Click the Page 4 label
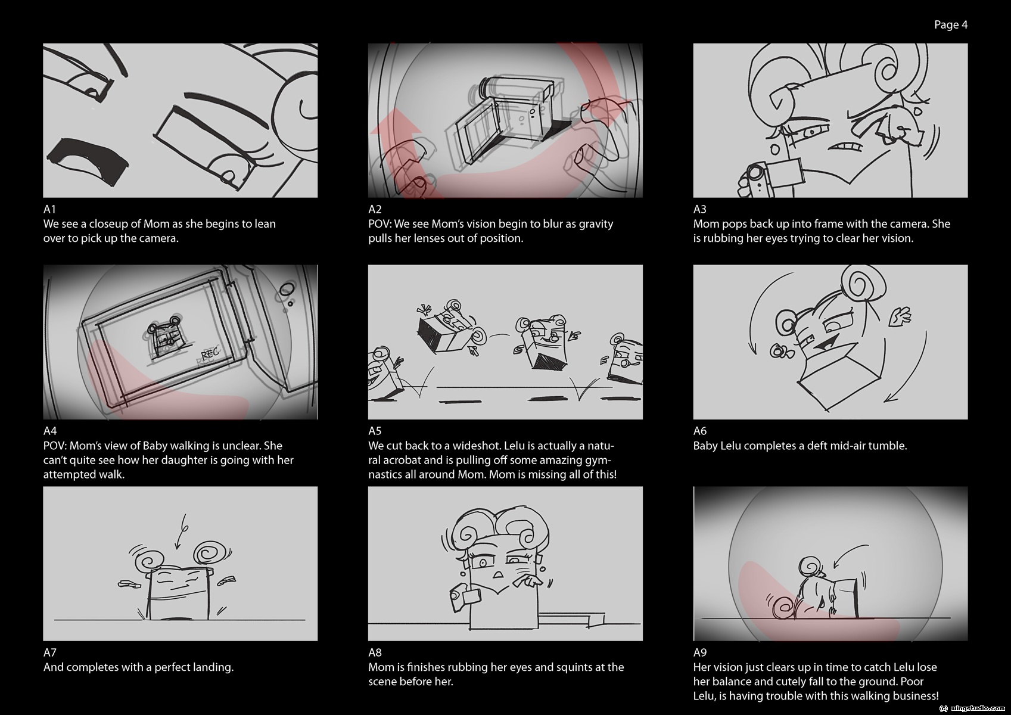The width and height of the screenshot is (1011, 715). [x=950, y=25]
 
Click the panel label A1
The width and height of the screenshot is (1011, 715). [x=49, y=209]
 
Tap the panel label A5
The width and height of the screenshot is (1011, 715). [x=375, y=431]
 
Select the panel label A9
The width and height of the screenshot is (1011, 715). [x=700, y=652]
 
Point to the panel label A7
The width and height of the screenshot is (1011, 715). [x=49, y=652]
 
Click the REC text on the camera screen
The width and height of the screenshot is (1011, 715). [x=210, y=353]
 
